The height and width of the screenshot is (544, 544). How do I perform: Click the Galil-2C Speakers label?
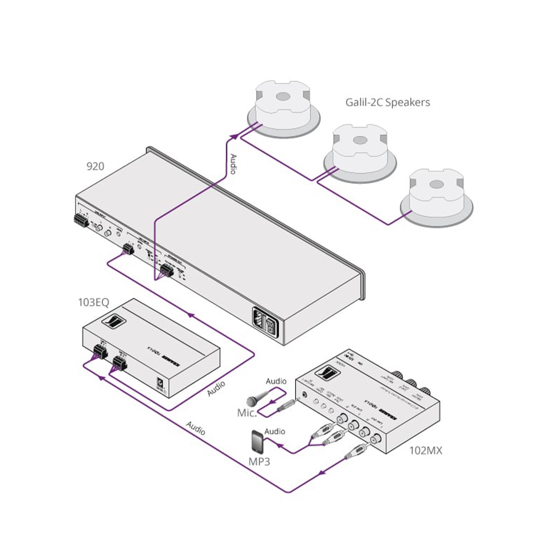tap(388, 102)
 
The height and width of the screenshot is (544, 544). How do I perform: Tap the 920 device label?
tap(95, 166)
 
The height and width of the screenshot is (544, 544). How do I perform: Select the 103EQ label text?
tap(93, 302)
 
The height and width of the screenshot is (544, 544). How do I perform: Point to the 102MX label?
tap(425, 450)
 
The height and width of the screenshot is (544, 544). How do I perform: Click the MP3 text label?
tap(259, 461)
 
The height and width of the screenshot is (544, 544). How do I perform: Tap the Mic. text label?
tap(247, 413)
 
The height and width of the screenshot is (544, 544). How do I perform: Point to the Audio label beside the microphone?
tap(276, 381)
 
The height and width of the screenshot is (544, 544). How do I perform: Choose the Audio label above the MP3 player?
tap(275, 431)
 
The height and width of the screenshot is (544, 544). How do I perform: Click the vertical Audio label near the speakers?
tap(233, 164)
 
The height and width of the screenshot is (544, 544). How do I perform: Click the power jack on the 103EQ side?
tap(160, 383)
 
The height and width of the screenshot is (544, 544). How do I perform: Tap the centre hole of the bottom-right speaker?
tap(436, 185)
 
